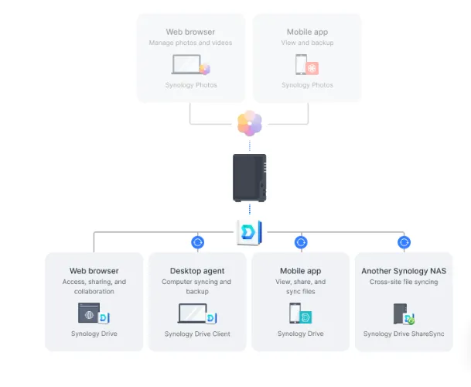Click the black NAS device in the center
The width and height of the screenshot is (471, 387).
tap(249, 178)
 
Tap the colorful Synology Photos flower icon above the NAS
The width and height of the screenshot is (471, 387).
tap(250, 123)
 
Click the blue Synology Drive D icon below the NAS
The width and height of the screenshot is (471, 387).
tap(249, 232)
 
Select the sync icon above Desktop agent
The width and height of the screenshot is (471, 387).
tap(198, 242)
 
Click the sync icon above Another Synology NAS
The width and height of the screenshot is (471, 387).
tap(404, 242)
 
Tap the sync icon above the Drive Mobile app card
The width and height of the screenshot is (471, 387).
tap(301, 242)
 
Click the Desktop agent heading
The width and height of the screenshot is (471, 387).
tap(197, 271)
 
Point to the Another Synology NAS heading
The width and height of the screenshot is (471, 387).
tap(404, 271)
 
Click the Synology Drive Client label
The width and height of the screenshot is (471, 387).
tap(197, 334)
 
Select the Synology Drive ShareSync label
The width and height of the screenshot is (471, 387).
tap(404, 334)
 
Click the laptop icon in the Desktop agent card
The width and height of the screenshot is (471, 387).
tap(193, 313)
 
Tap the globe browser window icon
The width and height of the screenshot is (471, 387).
tap(89, 313)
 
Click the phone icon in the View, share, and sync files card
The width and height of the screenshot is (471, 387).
tap(295, 313)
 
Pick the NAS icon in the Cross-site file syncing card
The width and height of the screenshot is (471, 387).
tap(400, 313)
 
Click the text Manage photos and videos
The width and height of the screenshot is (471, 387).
tap(190, 43)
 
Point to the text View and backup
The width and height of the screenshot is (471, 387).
tap(307, 43)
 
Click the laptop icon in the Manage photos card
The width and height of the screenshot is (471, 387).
tap(186, 64)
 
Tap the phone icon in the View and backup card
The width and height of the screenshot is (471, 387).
tap(301, 64)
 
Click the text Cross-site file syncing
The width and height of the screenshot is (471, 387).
tap(404, 282)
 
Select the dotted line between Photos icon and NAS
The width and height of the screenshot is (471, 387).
tap(250, 146)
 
